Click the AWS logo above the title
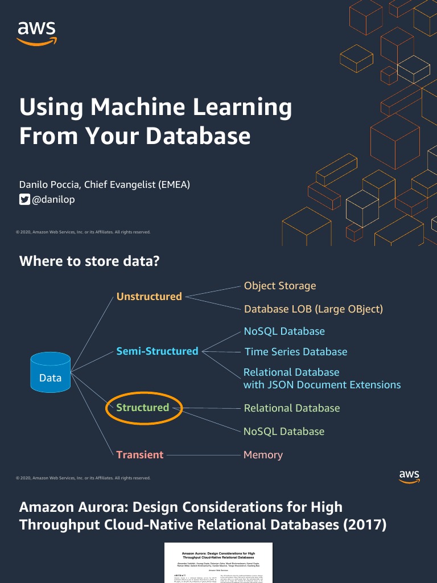37,32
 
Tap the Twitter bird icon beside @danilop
24,199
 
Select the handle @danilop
53,199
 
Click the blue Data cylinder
51,373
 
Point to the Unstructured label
149,296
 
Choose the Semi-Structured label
157,351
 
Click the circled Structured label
143,408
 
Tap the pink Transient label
140,455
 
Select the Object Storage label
280,286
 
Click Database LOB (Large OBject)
314,309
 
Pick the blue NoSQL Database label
284,331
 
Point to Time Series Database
296,352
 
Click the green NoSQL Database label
284,432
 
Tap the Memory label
263,455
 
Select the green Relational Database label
292,408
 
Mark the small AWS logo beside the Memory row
409,477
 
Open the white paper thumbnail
218,563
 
